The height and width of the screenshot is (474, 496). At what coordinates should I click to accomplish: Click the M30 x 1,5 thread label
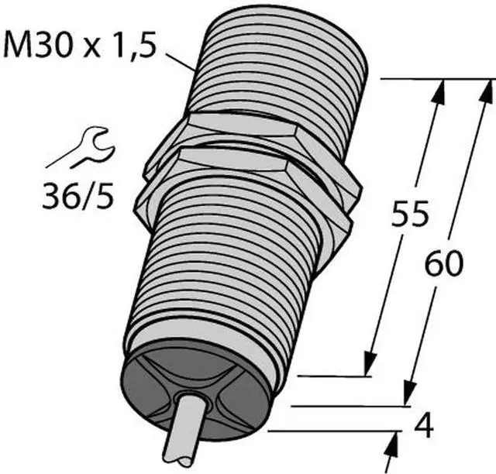[x=80, y=46]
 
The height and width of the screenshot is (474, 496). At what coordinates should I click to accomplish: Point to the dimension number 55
[x=410, y=213]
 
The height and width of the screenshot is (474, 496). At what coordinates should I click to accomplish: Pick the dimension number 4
[x=424, y=426]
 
